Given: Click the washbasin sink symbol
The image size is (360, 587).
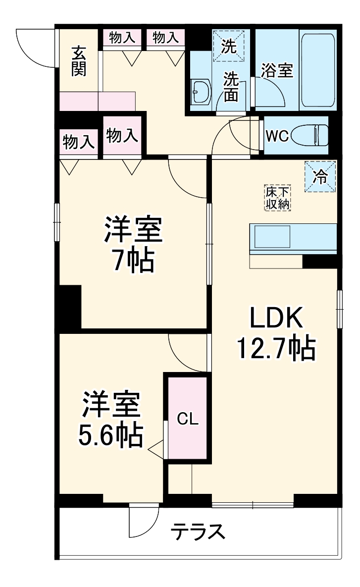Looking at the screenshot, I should coord(201,92).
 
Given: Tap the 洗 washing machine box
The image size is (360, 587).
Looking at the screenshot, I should coord(229,46).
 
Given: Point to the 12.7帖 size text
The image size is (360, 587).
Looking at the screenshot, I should coord(275,350).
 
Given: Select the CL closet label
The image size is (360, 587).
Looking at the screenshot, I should coord(188,420).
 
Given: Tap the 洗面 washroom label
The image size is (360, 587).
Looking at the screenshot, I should coord(231,86).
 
